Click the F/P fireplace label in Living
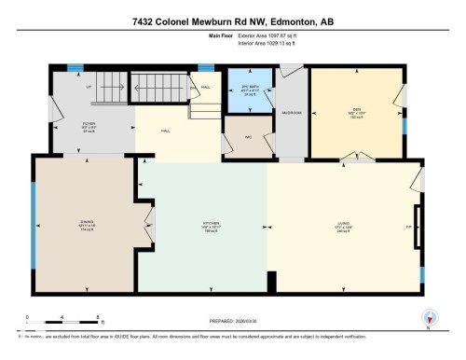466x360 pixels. [x=408, y=227]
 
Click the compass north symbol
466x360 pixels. [x=429, y=317]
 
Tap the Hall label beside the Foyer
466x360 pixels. [x=165, y=132]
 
